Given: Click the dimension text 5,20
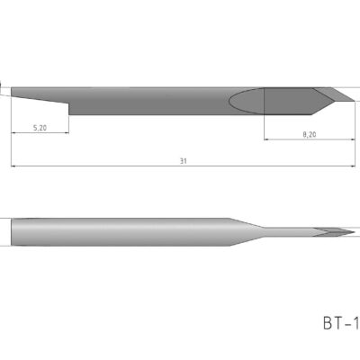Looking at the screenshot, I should [40, 129].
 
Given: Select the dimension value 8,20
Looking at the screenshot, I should [309, 134].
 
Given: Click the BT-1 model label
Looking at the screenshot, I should [339, 320].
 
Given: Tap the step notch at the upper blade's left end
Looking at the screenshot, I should [69, 108].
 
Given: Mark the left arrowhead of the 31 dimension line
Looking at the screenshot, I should [15, 166].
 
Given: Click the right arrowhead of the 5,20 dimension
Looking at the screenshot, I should [67, 135].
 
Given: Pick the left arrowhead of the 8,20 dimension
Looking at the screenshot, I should [266, 139].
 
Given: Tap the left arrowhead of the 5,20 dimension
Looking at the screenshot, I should [15, 135].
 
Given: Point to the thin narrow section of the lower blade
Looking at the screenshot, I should [288, 231].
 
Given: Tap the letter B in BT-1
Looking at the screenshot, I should [327, 320].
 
